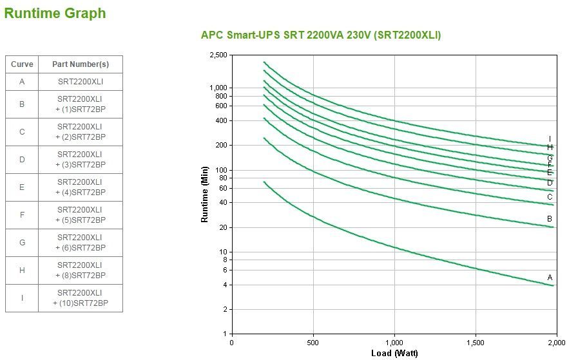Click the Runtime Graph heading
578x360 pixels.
(x=55, y=13)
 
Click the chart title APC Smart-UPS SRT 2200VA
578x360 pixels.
(x=321, y=35)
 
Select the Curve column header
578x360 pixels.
(x=22, y=64)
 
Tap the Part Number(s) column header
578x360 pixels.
(x=81, y=64)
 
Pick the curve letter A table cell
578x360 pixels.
(x=22, y=82)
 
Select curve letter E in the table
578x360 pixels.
(x=22, y=187)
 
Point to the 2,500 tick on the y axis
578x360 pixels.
(x=218, y=55)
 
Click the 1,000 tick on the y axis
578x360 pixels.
(x=218, y=88)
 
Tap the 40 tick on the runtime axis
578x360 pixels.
(x=222, y=203)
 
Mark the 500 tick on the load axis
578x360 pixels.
(x=313, y=343)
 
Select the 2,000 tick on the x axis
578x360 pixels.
(x=555, y=343)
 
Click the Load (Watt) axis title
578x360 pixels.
(x=394, y=353)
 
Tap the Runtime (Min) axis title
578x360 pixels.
(x=205, y=194)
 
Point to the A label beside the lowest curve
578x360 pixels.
(x=550, y=278)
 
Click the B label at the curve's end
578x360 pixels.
(x=550, y=219)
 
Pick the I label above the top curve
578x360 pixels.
(x=550, y=139)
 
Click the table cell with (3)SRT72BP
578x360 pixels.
(x=81, y=160)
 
